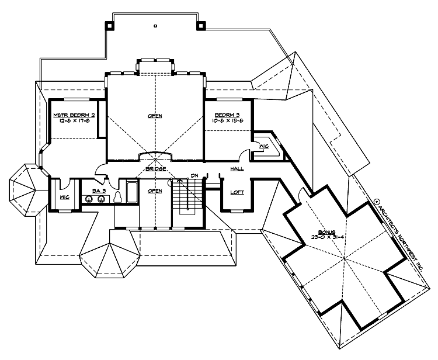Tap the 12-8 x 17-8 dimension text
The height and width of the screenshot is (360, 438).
click(x=74, y=122)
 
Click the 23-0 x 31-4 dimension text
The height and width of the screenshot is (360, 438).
click(x=321, y=238)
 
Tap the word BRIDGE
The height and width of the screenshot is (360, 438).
click(x=155, y=169)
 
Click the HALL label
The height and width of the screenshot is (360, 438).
click(x=237, y=169)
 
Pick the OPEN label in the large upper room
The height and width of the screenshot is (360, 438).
click(x=155, y=116)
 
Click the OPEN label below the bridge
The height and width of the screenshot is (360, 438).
click(x=155, y=191)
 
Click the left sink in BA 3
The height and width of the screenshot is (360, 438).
click(x=89, y=199)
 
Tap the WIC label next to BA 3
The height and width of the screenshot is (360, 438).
click(x=64, y=197)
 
